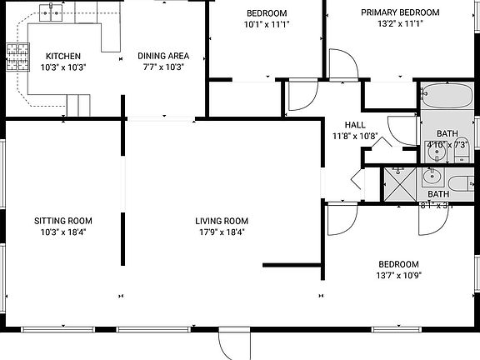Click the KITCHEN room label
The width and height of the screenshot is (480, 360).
point(62,56)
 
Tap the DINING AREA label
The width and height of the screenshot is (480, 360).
point(161,56)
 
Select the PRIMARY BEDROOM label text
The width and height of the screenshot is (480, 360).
point(400,12)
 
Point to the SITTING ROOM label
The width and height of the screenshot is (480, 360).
point(62,221)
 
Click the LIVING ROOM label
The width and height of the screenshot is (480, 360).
point(222,221)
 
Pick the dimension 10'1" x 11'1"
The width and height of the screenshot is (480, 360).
point(267,24)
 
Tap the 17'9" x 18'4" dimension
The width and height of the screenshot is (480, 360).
point(222,232)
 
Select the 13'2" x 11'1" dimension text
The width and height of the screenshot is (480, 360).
point(400,24)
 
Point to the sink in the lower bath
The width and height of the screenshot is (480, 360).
point(432,177)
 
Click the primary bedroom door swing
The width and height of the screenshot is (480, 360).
point(342,64)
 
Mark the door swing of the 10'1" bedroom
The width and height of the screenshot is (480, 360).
point(301,98)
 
